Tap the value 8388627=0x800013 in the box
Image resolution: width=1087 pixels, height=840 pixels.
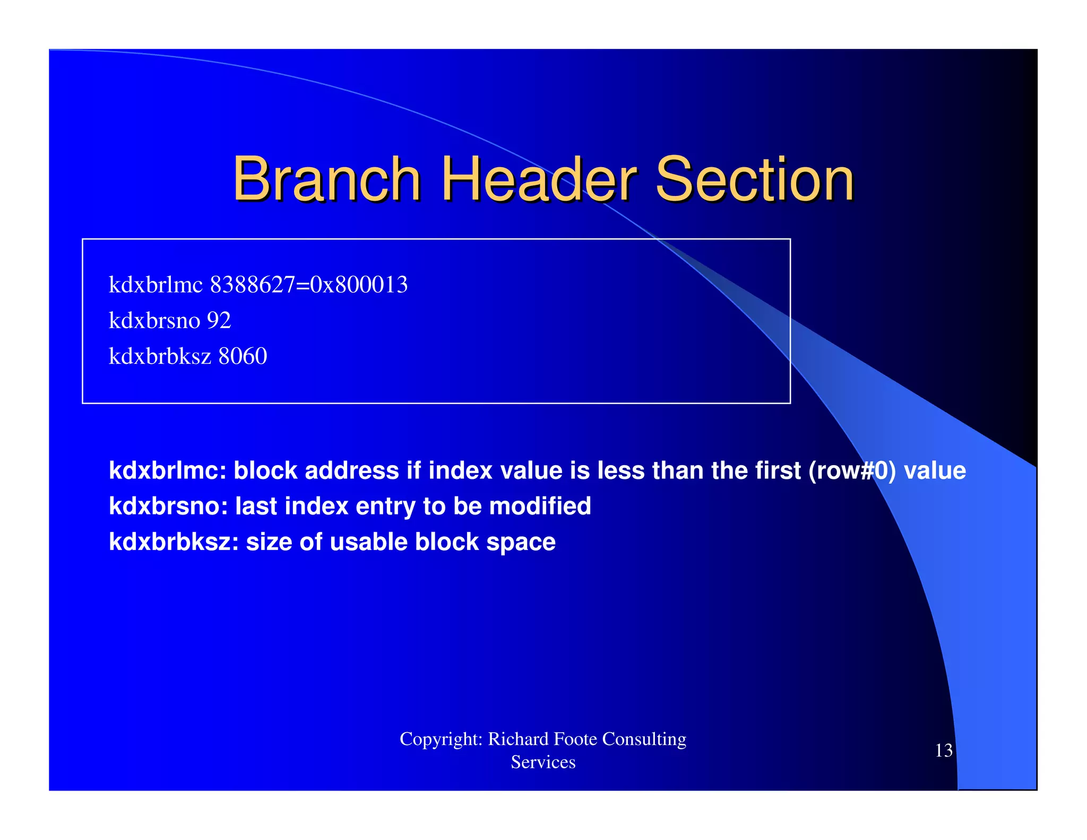pos(309,285)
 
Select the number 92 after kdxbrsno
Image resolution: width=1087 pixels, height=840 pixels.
pos(219,321)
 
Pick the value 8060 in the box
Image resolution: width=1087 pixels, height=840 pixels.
pos(243,356)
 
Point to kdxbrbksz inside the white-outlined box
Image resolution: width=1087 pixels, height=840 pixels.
pos(160,356)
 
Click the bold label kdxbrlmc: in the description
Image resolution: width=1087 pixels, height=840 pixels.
pos(168,471)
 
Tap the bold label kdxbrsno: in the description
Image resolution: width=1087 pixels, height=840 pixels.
pos(168,506)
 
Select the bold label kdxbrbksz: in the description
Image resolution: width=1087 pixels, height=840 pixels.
pos(174,542)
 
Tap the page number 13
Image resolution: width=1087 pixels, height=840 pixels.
pos(943,751)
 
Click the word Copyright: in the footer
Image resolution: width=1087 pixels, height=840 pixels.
pos(441,739)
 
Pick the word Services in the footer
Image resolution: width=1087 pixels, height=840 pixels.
pos(543,762)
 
